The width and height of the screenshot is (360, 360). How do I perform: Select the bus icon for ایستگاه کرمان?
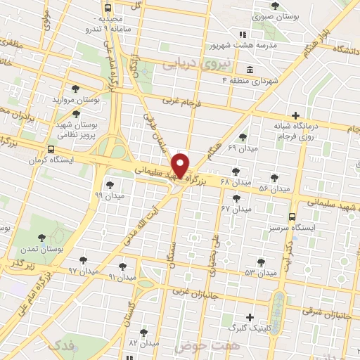pyautogui.click(x=51, y=150)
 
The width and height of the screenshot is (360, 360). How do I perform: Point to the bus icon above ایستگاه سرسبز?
pyautogui.click(x=292, y=217)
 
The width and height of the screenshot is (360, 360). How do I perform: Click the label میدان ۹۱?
pyautogui.click(x=122, y=277)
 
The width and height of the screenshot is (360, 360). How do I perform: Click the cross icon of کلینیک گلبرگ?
pyautogui.click(x=249, y=318)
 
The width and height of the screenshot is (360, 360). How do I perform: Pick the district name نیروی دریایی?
pyautogui.click(x=188, y=64)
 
